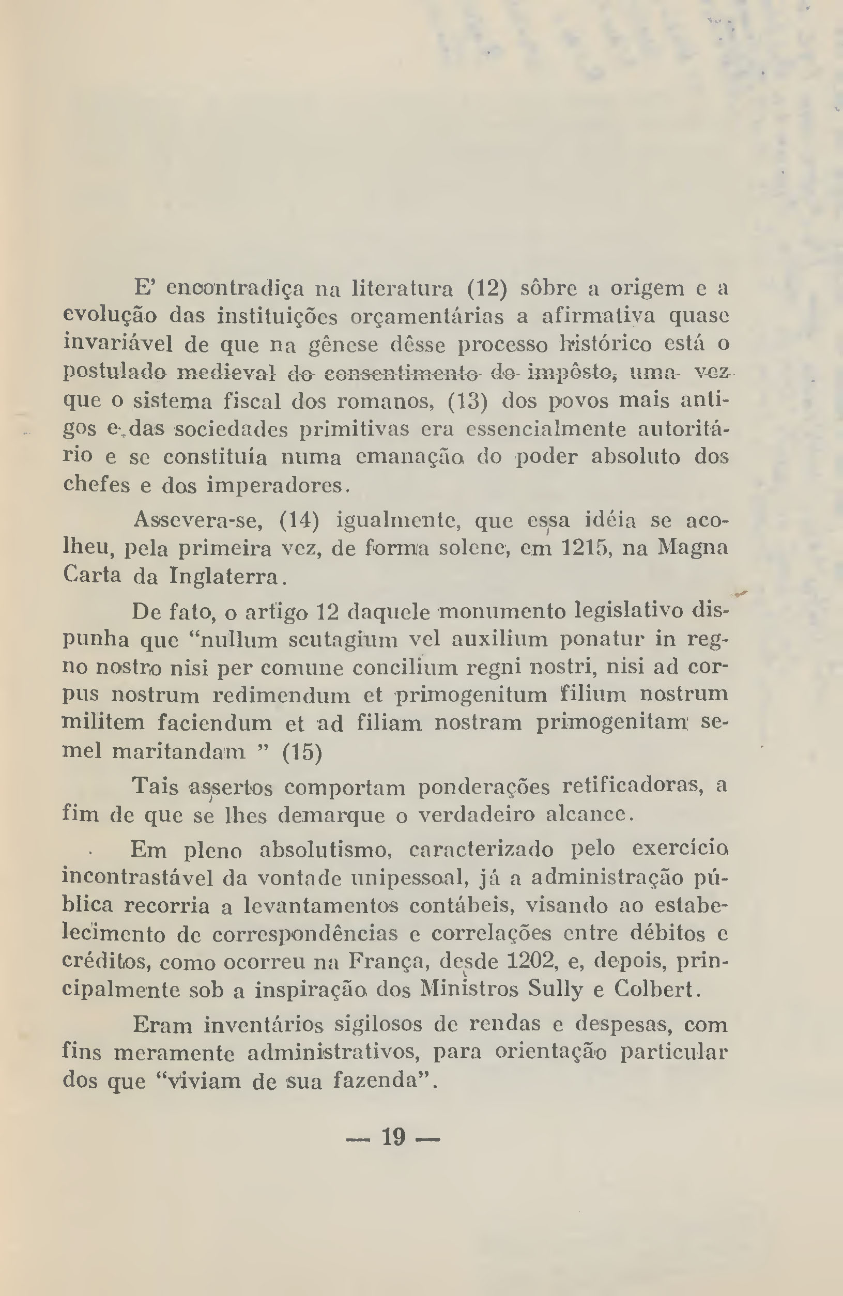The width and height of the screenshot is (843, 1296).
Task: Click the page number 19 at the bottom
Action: pyautogui.click(x=393, y=1137)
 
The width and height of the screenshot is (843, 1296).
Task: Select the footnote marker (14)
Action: pyautogui.click(x=298, y=520)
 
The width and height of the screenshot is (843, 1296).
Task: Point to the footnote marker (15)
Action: pyautogui.click(x=302, y=753)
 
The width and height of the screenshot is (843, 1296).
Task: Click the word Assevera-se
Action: pyautogui.click(x=198, y=520)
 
